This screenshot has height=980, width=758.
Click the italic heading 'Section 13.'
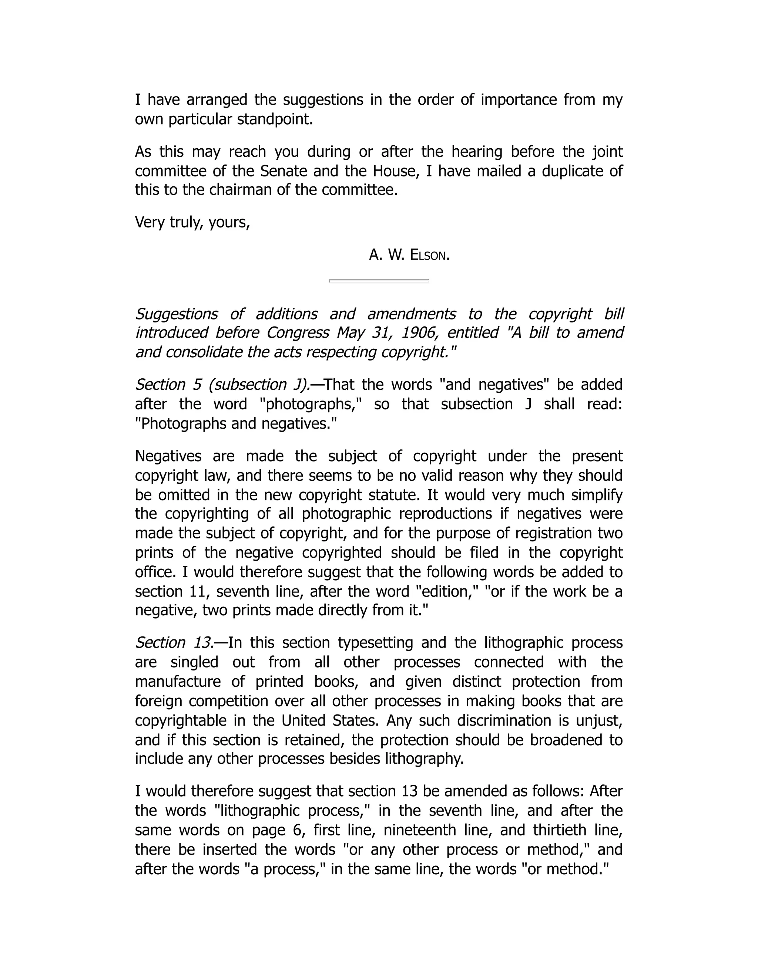[x=174, y=643]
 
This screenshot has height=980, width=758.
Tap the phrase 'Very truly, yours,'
[x=192, y=222]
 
